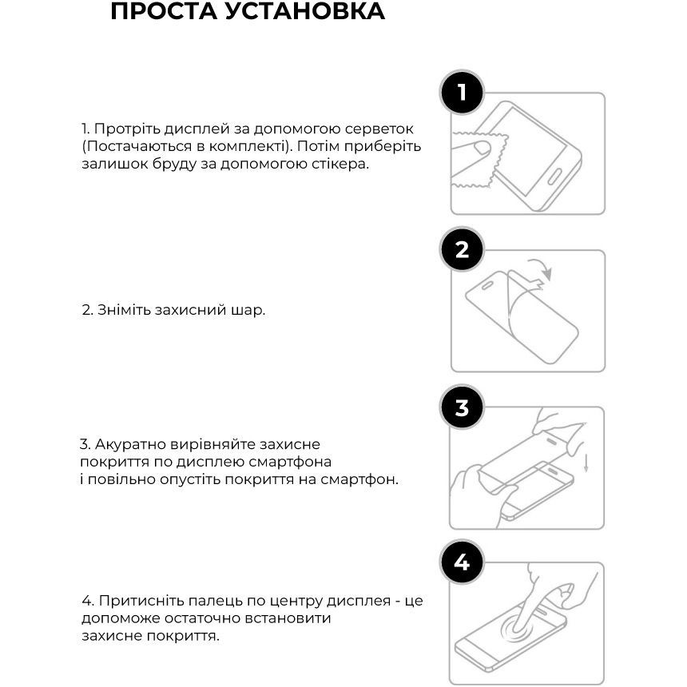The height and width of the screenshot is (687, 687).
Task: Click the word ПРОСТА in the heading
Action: (x=164, y=11)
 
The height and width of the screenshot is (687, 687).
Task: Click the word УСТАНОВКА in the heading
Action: (x=305, y=11)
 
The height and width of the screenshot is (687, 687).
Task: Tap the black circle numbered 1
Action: (x=462, y=93)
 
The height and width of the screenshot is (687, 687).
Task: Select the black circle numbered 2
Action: (x=462, y=250)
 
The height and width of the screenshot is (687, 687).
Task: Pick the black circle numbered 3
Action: (x=462, y=407)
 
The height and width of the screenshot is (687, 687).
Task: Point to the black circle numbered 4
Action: (x=462, y=562)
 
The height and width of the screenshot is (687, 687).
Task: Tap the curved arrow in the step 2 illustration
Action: (x=542, y=266)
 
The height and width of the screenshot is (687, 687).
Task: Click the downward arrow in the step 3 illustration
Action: (x=586, y=464)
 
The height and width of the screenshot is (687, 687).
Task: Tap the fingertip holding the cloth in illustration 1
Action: (x=482, y=148)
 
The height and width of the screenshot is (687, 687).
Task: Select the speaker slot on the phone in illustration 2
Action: (x=487, y=285)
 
